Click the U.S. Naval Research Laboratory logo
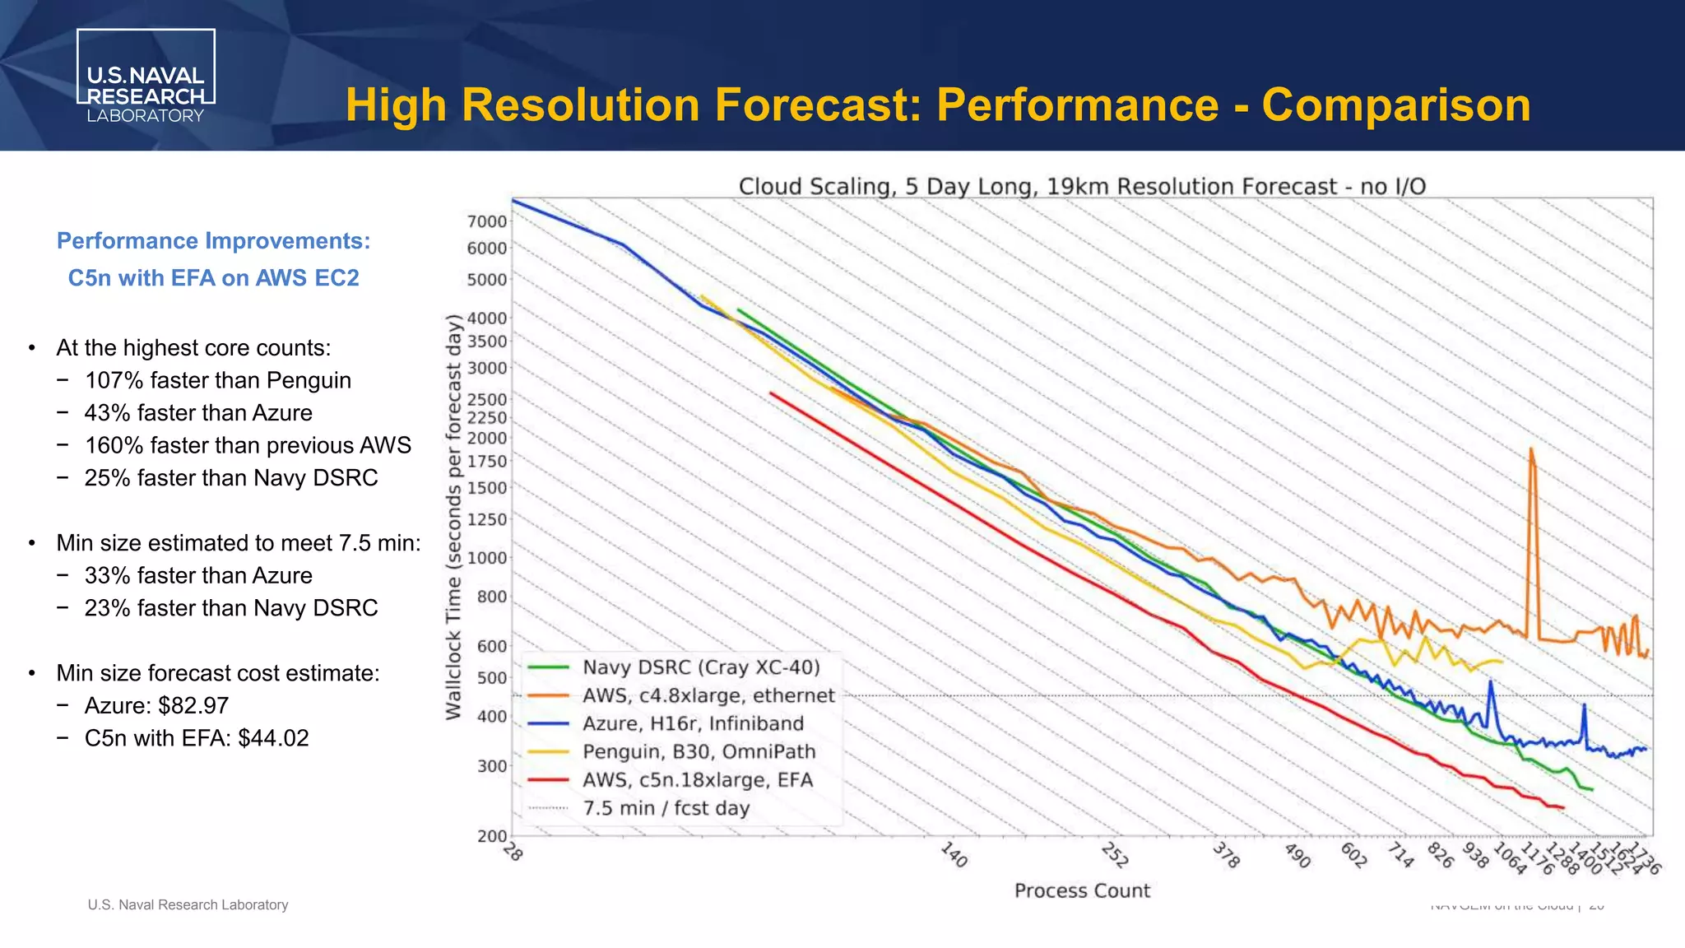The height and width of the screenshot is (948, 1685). click(146, 77)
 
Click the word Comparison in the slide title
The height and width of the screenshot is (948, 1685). click(1396, 105)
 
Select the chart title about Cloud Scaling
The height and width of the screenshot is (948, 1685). click(1082, 186)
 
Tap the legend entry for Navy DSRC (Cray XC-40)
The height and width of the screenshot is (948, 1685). click(701, 667)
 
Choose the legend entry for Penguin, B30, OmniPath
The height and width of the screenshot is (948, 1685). click(699, 751)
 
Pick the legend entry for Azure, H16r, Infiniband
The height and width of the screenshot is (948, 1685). click(693, 723)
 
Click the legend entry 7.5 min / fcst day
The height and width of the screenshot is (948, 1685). click(666, 808)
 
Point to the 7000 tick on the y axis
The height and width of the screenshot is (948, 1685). click(487, 221)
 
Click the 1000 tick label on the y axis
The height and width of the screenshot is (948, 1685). click(487, 558)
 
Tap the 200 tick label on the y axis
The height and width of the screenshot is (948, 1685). click(492, 836)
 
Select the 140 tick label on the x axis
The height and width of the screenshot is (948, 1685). click(954, 855)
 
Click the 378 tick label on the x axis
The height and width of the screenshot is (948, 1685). click(1226, 856)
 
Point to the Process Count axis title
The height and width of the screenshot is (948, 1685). click(1082, 890)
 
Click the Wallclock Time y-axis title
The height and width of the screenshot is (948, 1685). click(453, 517)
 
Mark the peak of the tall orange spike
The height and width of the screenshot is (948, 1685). click(1531, 449)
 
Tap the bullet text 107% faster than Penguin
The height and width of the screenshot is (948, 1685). click(217, 380)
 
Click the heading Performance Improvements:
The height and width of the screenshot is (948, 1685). click(213, 241)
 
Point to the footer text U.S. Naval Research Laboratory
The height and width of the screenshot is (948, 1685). click(188, 904)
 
